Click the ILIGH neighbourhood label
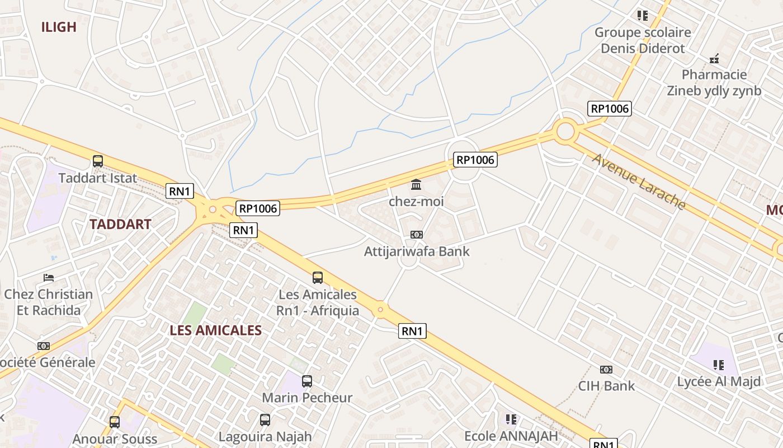[59, 27]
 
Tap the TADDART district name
[120, 225]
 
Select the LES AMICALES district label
[216, 330]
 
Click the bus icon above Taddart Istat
[98, 161]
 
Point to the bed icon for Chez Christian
[49, 278]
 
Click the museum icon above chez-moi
[416, 184]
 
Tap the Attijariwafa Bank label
[417, 251]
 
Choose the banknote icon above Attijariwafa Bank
[417, 235]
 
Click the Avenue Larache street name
[639, 181]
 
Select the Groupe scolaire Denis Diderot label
[643, 40]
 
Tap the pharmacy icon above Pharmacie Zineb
[714, 58]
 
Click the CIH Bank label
[606, 386]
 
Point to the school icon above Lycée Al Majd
[719, 365]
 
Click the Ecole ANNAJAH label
[511, 436]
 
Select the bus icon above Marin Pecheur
[307, 381]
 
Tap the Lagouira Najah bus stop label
[265, 436]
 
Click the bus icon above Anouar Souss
[115, 422]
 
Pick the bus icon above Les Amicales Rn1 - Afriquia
[318, 277]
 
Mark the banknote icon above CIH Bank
[606, 370]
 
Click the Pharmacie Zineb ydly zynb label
[714, 82]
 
